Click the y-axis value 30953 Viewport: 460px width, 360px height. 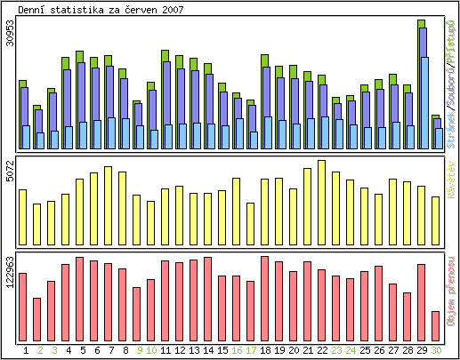click(9, 36)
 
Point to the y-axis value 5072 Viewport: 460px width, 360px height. click(9, 171)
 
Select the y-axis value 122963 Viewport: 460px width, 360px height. click(9, 273)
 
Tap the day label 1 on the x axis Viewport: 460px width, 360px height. click(25, 350)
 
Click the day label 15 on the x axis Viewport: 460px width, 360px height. click(222, 350)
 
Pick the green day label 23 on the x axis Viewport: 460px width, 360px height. click(335, 350)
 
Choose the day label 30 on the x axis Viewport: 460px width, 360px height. click(436, 350)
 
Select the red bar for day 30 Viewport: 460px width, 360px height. click(435, 325)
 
